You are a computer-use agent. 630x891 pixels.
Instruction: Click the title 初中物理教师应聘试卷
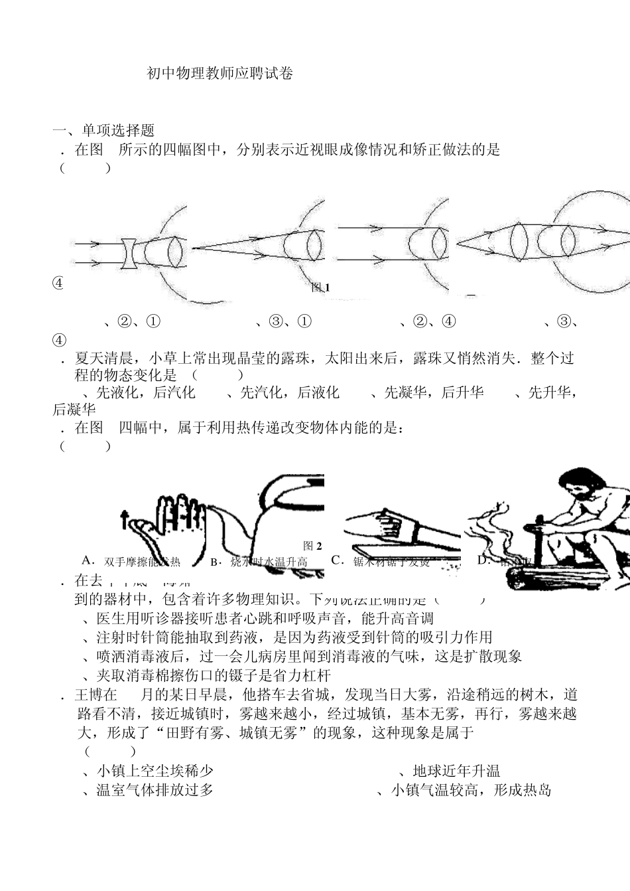click(x=220, y=74)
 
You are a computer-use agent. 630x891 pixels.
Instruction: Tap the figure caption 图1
click(x=320, y=287)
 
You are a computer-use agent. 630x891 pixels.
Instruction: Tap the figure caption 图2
click(x=312, y=545)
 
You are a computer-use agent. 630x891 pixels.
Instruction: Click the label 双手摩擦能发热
click(x=142, y=562)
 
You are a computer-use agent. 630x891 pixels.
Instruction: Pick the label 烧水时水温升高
click(x=268, y=562)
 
